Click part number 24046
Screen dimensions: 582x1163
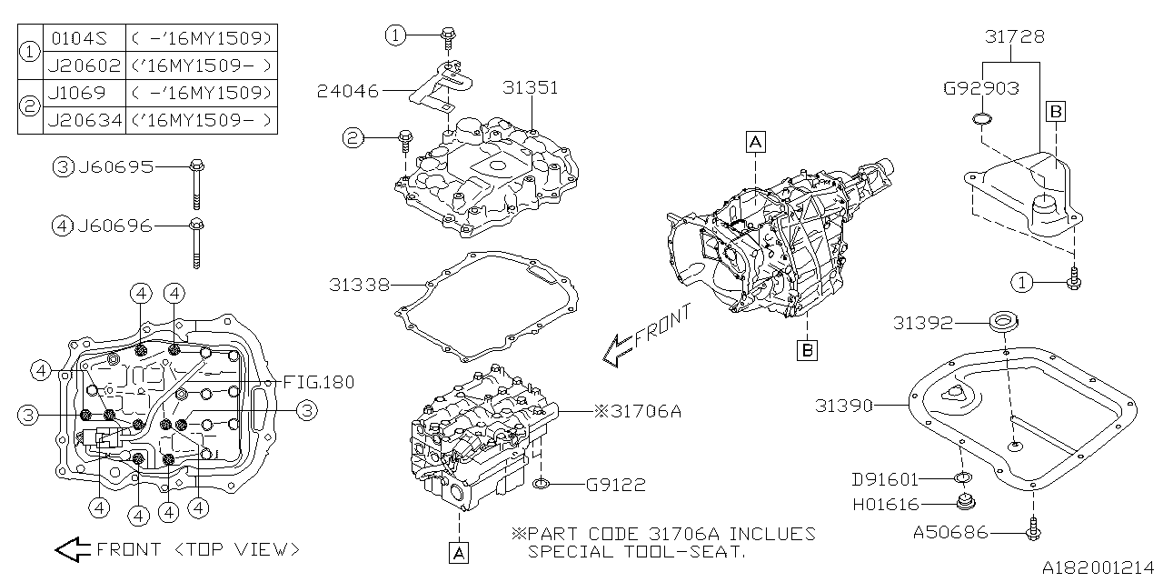pos(349,91)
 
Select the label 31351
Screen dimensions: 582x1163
pos(531,88)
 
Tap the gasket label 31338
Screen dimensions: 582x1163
pos(359,286)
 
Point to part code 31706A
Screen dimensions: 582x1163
pos(642,411)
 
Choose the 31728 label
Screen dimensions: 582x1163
pos(1015,37)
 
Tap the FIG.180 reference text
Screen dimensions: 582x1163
pos(318,382)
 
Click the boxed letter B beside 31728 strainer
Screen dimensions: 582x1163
pos(1056,112)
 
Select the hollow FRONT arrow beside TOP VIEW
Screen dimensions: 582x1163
pos(73,549)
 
